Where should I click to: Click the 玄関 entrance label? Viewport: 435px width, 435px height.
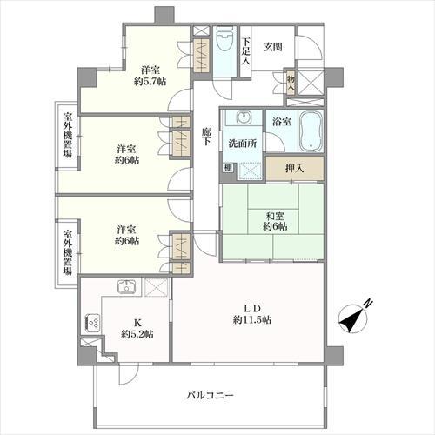[273, 47]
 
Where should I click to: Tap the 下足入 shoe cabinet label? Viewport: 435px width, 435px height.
[246, 51]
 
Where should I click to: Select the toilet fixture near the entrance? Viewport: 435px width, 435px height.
[224, 43]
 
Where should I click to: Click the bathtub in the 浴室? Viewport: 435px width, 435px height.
[311, 133]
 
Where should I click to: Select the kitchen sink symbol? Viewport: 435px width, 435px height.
[125, 287]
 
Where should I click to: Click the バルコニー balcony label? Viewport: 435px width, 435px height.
[211, 397]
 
